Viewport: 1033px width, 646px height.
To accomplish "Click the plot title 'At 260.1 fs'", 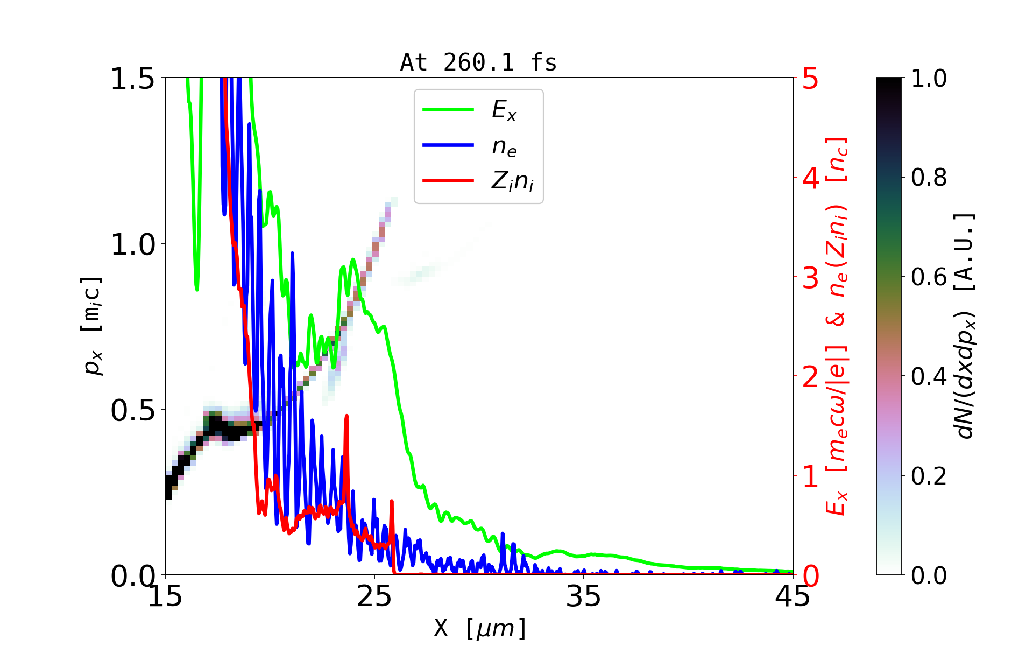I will tap(478, 63).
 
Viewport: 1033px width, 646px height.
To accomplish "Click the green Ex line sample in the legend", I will tap(448, 110).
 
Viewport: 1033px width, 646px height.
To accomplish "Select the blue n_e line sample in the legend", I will tap(448, 145).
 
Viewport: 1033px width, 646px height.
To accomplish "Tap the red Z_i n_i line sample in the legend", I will tap(448, 181).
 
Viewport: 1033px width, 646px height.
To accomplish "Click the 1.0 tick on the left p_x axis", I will tap(132, 244).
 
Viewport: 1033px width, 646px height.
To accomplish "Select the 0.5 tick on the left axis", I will tap(132, 410).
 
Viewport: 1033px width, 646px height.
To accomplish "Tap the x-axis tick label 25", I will tap(374, 596).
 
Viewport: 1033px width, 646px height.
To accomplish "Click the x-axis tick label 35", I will tap(584, 596).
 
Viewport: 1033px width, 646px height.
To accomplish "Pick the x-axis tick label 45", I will tap(793, 596).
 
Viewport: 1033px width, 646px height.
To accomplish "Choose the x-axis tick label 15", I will tap(165, 596).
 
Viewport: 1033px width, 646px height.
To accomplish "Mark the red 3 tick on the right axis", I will tap(810, 278).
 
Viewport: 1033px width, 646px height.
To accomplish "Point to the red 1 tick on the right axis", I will tap(810, 476).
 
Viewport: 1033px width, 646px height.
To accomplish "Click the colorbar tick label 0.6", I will tap(929, 277).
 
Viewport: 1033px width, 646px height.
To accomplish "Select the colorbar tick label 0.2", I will tap(929, 476).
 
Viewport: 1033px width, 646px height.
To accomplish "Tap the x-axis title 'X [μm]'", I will tap(479, 628).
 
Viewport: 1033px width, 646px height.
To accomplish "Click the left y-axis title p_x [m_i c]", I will tap(92, 326).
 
